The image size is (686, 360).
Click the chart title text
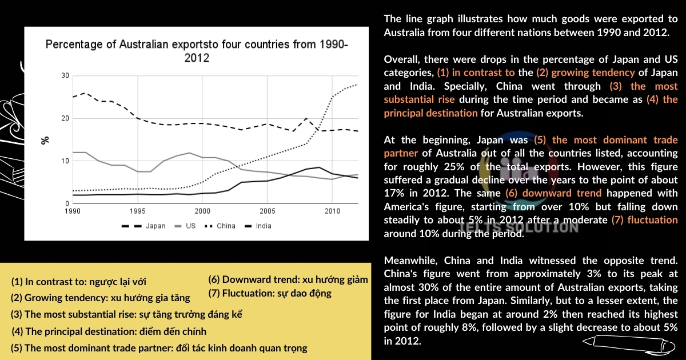196,51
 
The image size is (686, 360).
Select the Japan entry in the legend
150,226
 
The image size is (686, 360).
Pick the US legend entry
185,226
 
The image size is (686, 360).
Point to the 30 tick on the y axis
65,76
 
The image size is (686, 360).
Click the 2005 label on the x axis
267,211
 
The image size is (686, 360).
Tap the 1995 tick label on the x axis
137,211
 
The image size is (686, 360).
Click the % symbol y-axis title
46,140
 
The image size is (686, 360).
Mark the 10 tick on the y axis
65,161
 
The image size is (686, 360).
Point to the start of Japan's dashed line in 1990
73,97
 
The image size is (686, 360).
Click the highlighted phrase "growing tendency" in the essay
582,73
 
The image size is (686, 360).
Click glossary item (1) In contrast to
79,282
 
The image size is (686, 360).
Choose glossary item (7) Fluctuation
270,294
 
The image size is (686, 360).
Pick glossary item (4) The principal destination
109,331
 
